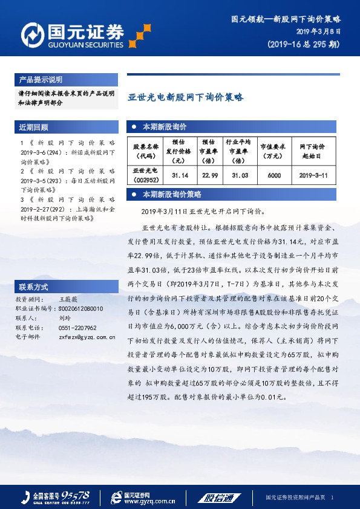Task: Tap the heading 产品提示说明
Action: coord(41,80)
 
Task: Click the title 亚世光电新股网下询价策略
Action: coord(185,97)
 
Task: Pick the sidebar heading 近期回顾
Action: coord(34,128)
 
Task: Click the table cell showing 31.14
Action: coord(180,175)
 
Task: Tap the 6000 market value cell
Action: coord(273,175)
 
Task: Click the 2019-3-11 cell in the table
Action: coord(313,175)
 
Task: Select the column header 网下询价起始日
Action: coord(313,150)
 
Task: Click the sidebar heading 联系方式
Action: coord(34,286)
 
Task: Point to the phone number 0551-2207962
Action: coord(77,327)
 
